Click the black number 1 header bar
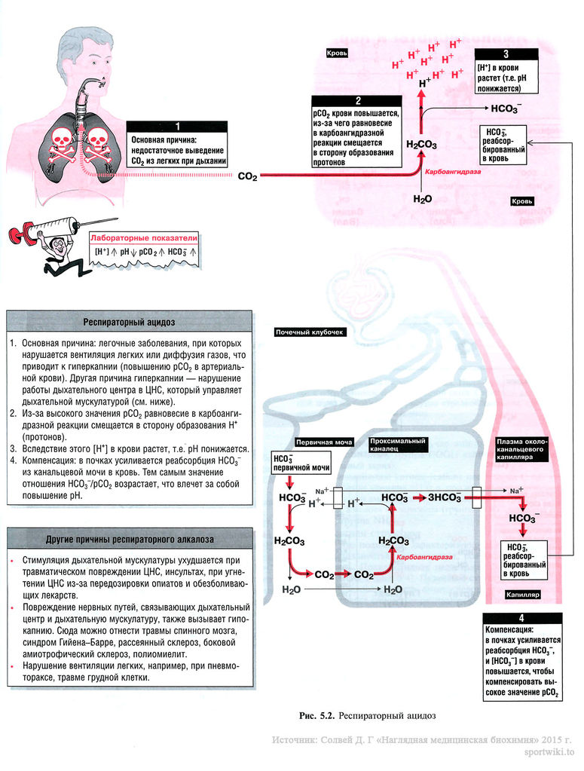(x=178, y=127)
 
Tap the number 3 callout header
(x=506, y=54)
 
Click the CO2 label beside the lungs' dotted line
(x=247, y=176)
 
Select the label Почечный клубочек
(x=309, y=332)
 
